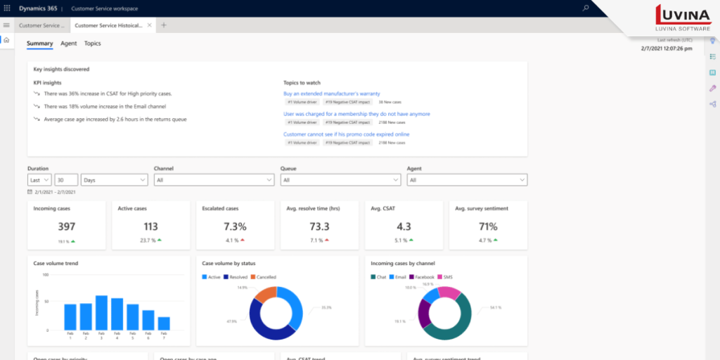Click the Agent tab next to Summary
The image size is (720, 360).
click(68, 44)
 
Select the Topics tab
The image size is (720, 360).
click(92, 44)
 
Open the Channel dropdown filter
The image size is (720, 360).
click(214, 180)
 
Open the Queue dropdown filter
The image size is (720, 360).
click(340, 180)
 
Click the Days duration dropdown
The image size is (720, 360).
click(114, 180)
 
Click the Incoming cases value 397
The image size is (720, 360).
click(66, 226)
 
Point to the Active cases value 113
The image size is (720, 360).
click(150, 226)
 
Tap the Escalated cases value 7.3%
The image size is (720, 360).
click(235, 226)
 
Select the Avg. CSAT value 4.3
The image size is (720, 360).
click(404, 226)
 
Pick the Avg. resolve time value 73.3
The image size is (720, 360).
click(319, 226)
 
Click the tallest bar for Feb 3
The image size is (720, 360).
click(101, 312)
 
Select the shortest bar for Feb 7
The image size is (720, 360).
click(164, 323)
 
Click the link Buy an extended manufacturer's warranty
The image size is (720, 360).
click(332, 94)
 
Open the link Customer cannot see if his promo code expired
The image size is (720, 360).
click(346, 134)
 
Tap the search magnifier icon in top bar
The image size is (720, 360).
click(586, 8)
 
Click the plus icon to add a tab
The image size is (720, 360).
click(164, 25)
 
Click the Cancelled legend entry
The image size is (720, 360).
click(264, 277)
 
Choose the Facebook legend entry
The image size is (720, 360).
click(422, 277)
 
